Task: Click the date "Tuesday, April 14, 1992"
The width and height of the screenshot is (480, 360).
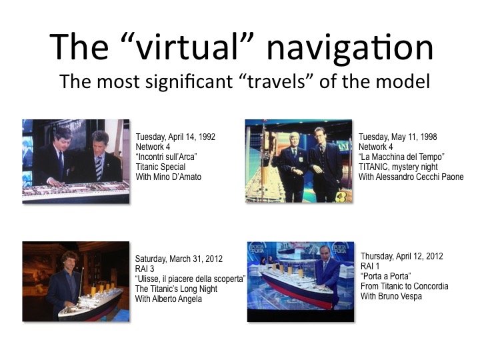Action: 175,137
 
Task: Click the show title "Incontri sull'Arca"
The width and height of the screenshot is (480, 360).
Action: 166,157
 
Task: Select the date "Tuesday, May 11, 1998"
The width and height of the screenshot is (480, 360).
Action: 397,137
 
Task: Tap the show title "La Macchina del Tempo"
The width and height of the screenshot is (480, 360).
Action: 401,157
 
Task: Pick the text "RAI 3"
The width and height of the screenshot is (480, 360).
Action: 145,269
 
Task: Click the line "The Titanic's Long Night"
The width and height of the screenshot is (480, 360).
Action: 176,289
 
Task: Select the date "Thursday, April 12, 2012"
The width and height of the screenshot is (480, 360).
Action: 401,256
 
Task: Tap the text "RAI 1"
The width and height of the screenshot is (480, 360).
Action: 370,266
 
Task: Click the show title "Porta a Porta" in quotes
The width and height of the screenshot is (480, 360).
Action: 386,276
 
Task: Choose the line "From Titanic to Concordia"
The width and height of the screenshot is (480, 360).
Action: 405,286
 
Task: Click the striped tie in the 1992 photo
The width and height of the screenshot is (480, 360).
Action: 99,168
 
